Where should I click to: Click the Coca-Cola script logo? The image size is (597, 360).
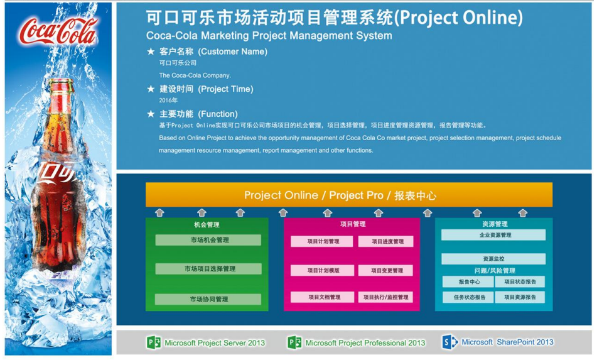[58, 31]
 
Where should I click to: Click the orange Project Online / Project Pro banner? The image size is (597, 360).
[349, 195]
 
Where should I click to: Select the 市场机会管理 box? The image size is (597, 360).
[208, 240]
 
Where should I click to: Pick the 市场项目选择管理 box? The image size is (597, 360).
[208, 269]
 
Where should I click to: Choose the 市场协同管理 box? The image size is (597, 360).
[208, 300]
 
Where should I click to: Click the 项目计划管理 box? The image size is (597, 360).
[321, 241]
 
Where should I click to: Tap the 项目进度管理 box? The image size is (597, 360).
[385, 241]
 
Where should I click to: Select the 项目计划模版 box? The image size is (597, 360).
[322, 271]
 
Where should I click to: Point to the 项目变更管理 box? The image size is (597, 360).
[385, 271]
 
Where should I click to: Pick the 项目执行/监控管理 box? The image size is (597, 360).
[385, 297]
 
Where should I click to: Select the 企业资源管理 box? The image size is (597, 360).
[493, 235]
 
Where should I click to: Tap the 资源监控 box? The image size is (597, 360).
[493, 259]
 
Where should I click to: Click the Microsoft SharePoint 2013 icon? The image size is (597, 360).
[449, 342]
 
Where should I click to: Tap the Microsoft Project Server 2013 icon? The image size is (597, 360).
[154, 343]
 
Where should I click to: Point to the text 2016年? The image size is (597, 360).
[168, 100]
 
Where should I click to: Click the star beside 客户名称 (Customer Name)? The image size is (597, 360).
[151, 52]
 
